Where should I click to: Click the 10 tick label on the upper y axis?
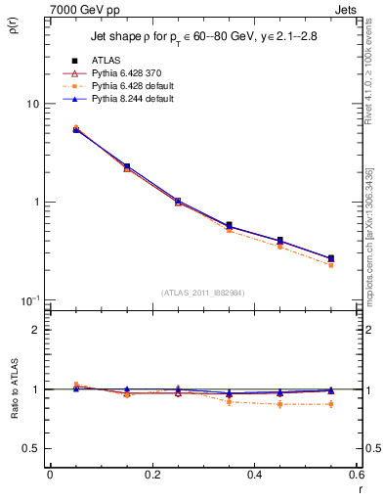32,104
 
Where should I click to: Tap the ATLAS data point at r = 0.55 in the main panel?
331,258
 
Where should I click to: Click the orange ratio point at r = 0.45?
280,404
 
